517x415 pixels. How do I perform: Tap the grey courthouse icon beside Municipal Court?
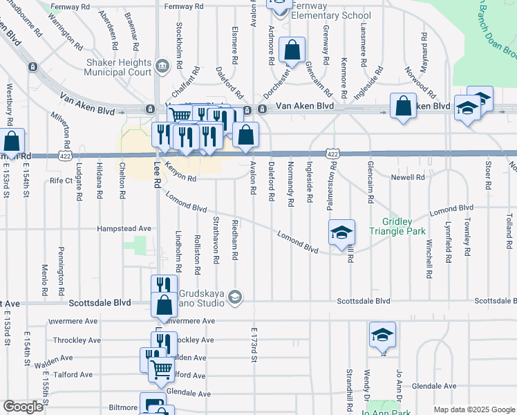[x=162, y=66]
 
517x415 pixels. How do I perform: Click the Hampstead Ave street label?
[x=124, y=228]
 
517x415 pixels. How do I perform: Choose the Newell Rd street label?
[x=408, y=178]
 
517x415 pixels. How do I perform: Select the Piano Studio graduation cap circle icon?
[x=235, y=297]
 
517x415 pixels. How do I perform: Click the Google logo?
[x=23, y=407]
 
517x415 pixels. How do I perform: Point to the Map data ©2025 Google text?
[x=473, y=409]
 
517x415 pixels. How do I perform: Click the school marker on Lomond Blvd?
[x=341, y=232]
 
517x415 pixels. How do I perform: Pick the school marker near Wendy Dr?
[x=382, y=335]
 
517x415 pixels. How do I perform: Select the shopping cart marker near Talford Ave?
[x=161, y=369]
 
